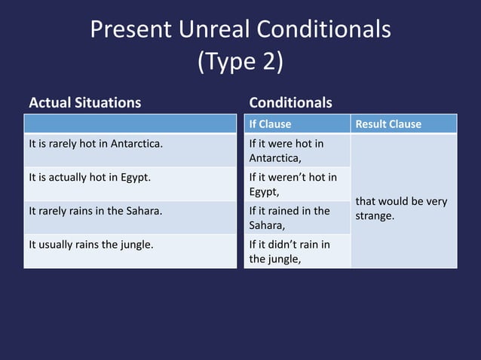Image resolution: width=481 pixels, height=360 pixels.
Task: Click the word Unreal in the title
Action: click(x=214, y=29)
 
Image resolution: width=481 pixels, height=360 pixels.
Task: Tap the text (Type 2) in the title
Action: click(x=240, y=62)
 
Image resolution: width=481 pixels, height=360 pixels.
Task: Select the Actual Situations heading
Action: click(x=84, y=102)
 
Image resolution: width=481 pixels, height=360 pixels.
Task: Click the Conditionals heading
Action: click(x=290, y=102)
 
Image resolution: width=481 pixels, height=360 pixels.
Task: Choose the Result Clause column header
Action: click(x=388, y=124)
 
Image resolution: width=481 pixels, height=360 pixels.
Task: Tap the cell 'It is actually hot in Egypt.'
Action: click(x=88, y=178)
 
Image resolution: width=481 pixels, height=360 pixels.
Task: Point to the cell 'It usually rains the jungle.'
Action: click(x=90, y=244)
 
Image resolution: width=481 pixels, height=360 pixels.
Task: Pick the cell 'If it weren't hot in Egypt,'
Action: click(x=293, y=185)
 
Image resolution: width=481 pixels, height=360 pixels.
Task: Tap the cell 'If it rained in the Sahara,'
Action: click(x=290, y=218)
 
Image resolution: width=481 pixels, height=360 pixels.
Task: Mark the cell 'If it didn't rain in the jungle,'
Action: click(x=290, y=251)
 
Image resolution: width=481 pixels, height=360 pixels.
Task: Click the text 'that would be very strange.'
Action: click(x=400, y=209)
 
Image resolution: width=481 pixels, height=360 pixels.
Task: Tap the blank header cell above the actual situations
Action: click(x=130, y=124)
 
